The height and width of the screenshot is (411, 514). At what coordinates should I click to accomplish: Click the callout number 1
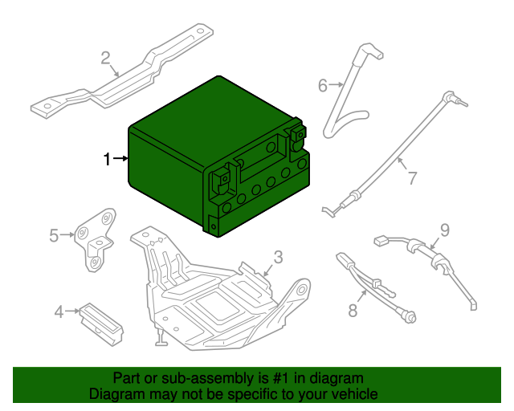[107, 160]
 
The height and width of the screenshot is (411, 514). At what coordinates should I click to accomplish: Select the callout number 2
[105, 57]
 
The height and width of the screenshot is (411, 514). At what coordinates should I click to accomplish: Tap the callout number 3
[277, 257]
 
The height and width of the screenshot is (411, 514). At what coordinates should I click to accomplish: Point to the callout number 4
[59, 311]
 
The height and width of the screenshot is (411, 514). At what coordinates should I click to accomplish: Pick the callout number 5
[54, 235]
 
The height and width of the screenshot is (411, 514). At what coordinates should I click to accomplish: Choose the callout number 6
[323, 85]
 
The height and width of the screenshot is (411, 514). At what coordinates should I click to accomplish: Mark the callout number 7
[411, 178]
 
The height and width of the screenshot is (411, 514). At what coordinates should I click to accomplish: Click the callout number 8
[352, 311]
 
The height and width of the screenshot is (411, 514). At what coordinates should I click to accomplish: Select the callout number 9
[444, 230]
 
